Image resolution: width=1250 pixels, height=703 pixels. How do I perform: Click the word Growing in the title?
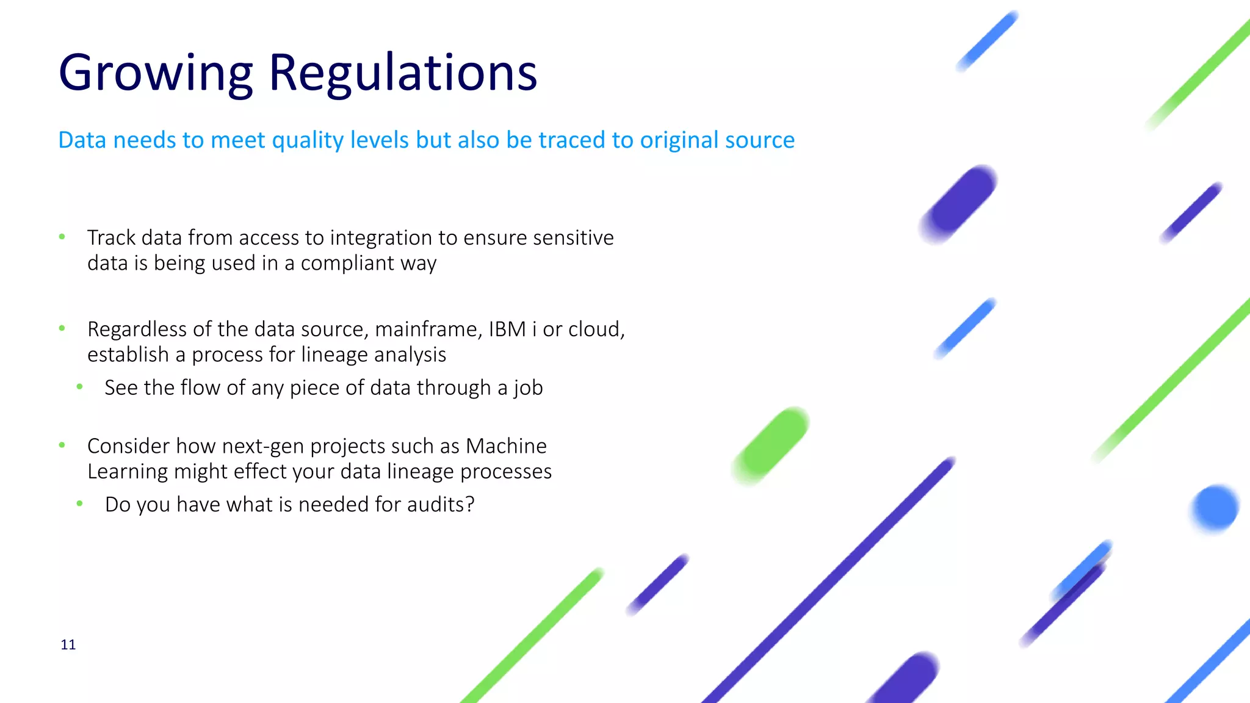[156, 73]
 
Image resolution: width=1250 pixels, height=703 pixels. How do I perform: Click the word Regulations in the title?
[403, 73]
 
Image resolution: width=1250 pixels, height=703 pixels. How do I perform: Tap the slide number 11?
[68, 644]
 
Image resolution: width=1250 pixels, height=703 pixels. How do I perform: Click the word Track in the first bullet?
[111, 237]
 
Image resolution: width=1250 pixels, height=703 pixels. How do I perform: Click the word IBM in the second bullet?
[507, 330]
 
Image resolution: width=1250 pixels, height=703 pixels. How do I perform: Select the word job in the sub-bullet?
[528, 388]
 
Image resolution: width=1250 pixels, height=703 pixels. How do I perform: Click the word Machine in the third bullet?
[506, 446]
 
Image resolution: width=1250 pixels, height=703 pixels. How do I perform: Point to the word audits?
[440, 505]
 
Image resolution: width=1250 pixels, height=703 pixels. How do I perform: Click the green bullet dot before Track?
[62, 237]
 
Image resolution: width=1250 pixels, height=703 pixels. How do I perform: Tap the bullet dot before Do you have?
[79, 503]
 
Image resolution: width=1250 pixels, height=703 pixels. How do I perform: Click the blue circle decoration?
[1215, 507]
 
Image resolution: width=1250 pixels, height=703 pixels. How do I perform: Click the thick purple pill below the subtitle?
[958, 204]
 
